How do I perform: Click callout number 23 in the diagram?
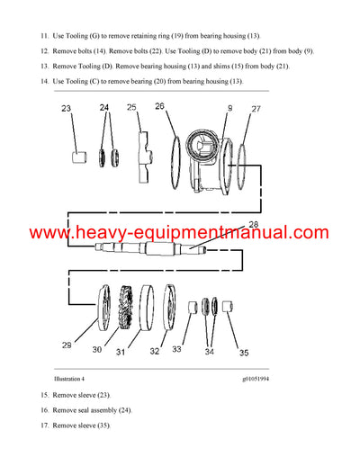coord(66,109)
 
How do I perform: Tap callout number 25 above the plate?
coord(131,108)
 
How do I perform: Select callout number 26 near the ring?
coord(159,106)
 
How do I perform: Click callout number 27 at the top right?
coord(256,109)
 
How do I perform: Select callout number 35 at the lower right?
coord(245,353)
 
